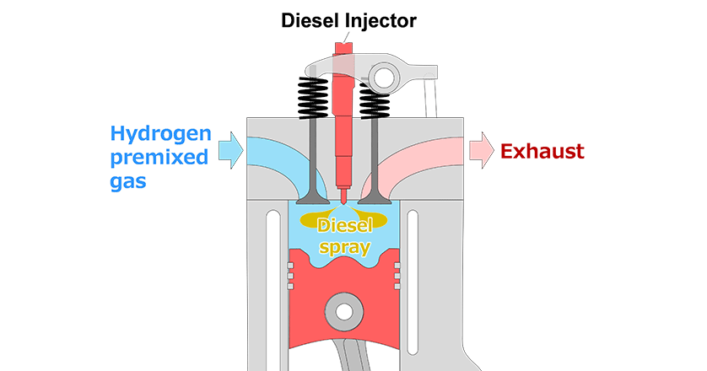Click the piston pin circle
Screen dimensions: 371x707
pyautogui.click(x=343, y=311)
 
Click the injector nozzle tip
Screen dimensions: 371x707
pyautogui.click(x=343, y=200)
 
